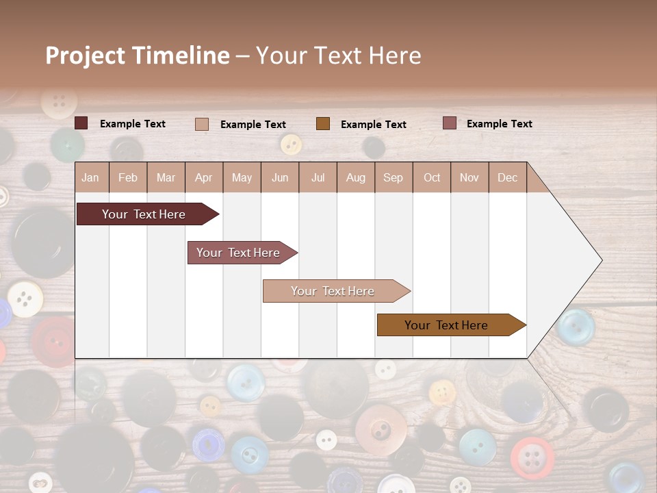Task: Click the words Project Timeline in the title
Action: [138, 55]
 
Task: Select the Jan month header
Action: [90, 177]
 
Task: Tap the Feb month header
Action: [128, 177]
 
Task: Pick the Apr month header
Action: [203, 177]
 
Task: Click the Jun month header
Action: [280, 177]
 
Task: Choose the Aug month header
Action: [355, 177]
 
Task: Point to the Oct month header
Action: [432, 177]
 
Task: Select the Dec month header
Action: [507, 177]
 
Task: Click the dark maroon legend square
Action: [81, 123]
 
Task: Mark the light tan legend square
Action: [202, 124]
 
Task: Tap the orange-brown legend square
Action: [323, 123]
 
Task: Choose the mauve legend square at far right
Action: [449, 123]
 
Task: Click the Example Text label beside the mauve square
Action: [499, 124]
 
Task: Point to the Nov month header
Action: [469, 177]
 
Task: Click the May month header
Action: [242, 177]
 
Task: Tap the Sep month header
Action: [393, 177]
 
